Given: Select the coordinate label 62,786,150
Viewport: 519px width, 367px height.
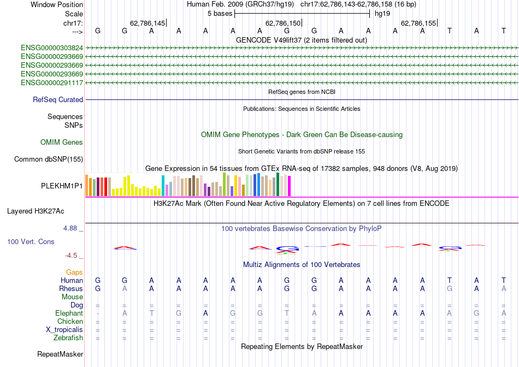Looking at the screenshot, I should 282,23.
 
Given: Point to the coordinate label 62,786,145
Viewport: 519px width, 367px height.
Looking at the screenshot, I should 147,23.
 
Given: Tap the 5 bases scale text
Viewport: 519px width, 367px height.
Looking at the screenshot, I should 220,14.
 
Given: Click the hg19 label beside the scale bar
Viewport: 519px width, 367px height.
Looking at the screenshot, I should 382,14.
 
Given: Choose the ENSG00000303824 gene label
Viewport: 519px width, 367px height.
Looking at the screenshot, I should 52,48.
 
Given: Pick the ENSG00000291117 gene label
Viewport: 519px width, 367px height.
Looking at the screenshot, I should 52,83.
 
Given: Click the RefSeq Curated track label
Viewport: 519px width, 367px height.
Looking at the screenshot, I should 58,100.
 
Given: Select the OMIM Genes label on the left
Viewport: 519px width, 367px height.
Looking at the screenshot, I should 62,143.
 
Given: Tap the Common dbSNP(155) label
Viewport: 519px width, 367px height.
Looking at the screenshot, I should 48,159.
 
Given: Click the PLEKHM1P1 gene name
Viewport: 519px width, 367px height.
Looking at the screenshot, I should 62,186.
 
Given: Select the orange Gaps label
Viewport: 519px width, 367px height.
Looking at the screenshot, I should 74,272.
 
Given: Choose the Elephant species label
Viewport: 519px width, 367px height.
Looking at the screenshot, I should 69,313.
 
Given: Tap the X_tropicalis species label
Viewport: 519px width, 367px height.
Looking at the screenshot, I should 64,330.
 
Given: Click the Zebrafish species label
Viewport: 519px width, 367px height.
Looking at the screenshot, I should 68,338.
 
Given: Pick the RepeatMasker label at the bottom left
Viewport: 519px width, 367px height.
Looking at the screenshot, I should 60,354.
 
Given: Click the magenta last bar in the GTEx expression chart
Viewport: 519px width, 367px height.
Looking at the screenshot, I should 289,186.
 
